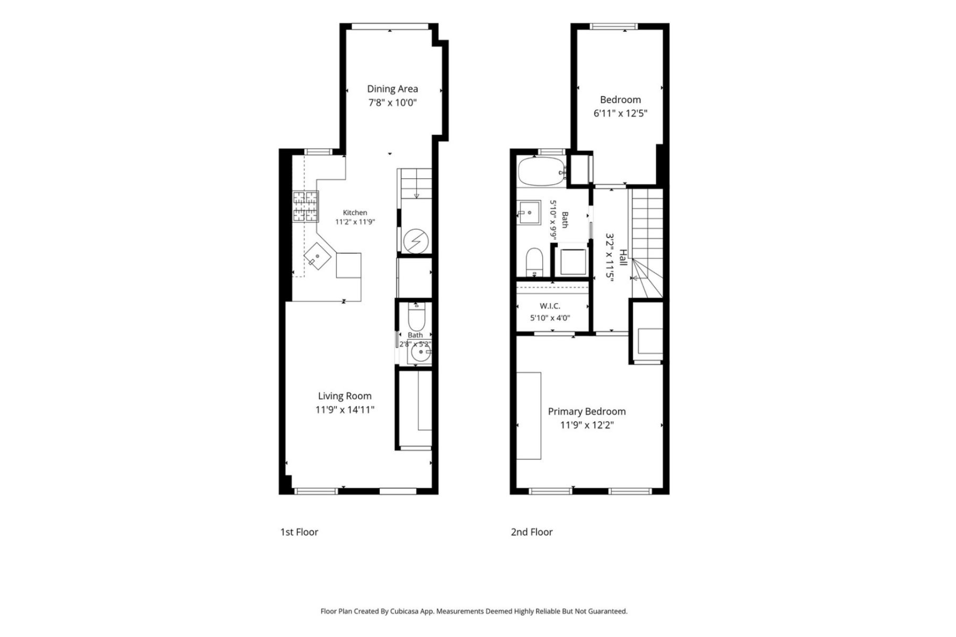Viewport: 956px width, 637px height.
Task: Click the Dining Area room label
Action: click(x=392, y=89)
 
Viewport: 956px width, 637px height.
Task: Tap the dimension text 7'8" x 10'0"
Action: click(x=392, y=102)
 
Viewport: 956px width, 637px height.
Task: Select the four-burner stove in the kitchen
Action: click(x=306, y=206)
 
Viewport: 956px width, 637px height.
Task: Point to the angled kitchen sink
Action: click(x=318, y=256)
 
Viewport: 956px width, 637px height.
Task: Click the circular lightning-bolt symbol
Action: click(x=415, y=242)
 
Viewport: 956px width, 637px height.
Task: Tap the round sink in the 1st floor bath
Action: click(x=419, y=352)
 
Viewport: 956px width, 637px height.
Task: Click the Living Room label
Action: click(x=345, y=396)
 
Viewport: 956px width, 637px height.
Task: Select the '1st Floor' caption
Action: click(x=299, y=532)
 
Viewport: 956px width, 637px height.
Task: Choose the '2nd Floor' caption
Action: click(x=532, y=532)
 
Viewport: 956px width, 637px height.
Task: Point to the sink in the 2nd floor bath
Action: click(x=529, y=213)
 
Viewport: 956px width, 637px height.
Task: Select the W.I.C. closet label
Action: click(x=550, y=306)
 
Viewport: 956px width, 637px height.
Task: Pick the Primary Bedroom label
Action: click(x=587, y=411)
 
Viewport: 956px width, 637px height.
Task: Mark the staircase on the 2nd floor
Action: click(x=646, y=243)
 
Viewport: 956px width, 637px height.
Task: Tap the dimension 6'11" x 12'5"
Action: click(x=620, y=113)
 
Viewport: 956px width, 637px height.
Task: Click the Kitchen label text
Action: click(x=355, y=213)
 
